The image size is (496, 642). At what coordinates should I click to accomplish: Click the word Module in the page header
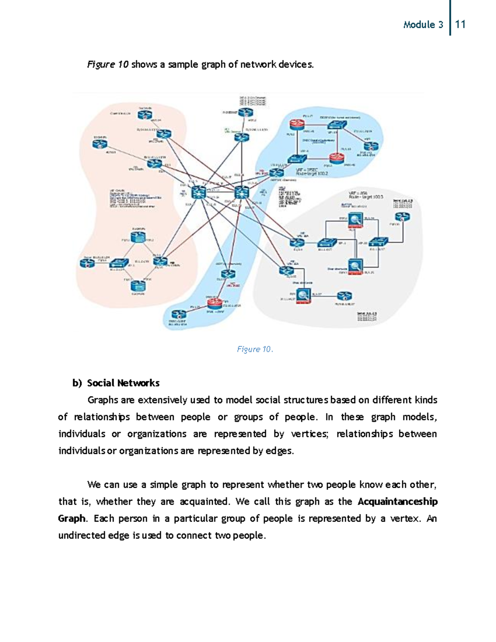tap(419, 25)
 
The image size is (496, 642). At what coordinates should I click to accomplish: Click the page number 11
tap(460, 24)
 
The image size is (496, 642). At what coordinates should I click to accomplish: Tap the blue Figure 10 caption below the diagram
tap(255, 349)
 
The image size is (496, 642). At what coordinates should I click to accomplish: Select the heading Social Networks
tap(123, 383)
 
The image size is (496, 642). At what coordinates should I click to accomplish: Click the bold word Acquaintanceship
tap(397, 501)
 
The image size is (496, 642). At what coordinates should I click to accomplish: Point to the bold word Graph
tap(72, 518)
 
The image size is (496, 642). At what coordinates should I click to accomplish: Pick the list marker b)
tap(77, 383)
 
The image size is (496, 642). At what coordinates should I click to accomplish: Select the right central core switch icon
tap(241, 192)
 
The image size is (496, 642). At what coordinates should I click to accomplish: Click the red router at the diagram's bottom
tap(215, 303)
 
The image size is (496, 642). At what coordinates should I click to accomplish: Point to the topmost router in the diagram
tap(246, 112)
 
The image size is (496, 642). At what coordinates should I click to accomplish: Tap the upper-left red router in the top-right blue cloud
tap(297, 124)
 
